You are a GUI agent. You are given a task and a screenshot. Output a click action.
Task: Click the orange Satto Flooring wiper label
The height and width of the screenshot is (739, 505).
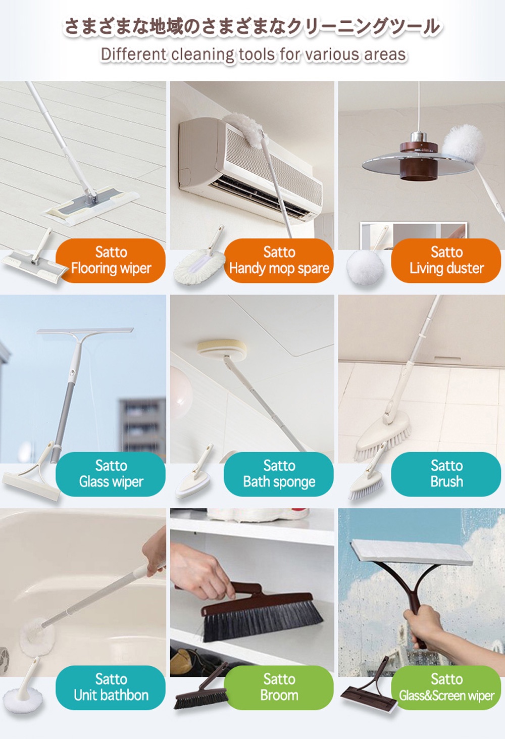point(111,261)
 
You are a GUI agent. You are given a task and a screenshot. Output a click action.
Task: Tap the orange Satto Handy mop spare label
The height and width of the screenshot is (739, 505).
point(279,261)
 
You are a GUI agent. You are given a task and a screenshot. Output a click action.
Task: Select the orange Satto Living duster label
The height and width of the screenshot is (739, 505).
point(446,261)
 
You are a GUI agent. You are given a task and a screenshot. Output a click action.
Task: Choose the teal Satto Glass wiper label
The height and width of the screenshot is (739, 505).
point(111,474)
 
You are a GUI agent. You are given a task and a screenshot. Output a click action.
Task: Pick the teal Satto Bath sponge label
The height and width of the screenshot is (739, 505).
point(279,474)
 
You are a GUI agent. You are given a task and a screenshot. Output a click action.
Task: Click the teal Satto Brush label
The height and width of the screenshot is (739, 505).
point(446,474)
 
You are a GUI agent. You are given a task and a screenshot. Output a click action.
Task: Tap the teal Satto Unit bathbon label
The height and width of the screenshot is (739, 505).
point(111,687)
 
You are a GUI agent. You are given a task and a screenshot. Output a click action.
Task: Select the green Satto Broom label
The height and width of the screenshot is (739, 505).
point(279,687)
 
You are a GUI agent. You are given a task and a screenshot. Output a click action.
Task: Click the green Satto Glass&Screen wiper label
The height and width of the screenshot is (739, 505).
point(446,687)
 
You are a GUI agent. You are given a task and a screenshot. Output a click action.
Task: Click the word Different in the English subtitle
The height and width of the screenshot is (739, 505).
point(133,55)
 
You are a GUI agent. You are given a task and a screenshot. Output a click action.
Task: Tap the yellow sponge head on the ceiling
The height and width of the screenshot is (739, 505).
point(221,349)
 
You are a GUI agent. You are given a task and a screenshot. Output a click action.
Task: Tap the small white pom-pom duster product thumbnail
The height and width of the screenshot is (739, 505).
point(365,266)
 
